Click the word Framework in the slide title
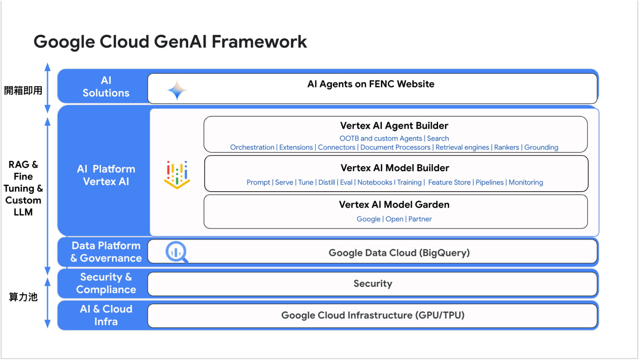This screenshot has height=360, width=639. pos(259,42)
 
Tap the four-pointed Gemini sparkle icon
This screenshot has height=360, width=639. pos(177,90)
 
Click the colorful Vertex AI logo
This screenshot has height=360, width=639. pos(177,175)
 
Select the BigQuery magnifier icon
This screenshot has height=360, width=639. pos(177,252)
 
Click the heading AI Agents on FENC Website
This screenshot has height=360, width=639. pos(370,84)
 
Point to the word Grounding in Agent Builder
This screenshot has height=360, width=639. pos(541,147)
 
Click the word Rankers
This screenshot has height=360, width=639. pos(506,147)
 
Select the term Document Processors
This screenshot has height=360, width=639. pos(395,147)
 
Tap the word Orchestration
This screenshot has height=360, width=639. pos(252,147)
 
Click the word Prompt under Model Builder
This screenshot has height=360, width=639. pos(258,182)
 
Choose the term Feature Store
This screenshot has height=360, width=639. pos(449,182)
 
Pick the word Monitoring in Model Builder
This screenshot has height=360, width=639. pos(526,182)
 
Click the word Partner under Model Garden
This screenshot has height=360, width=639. pos(420,219)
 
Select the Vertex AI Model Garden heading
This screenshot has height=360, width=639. pos(394,205)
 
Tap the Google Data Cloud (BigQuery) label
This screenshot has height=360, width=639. pos(399,253)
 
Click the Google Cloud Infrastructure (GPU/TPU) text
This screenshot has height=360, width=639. pos(373,315)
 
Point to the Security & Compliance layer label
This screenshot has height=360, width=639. pos(106,283)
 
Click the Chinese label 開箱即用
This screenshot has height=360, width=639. pos(23,90)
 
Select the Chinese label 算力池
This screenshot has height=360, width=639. pos(23,297)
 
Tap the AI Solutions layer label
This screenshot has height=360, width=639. pos(106,87)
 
